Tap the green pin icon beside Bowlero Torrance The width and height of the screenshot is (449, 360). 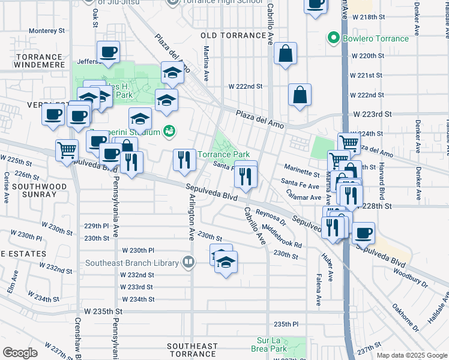pyautogui.click(x=334, y=38)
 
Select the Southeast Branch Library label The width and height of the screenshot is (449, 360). pyautogui.click(x=132, y=263)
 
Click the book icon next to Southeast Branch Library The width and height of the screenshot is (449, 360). pyautogui.click(x=188, y=262)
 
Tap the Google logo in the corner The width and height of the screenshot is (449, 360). pyautogui.click(x=20, y=353)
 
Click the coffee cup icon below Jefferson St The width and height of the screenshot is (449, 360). pyautogui.click(x=107, y=52)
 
